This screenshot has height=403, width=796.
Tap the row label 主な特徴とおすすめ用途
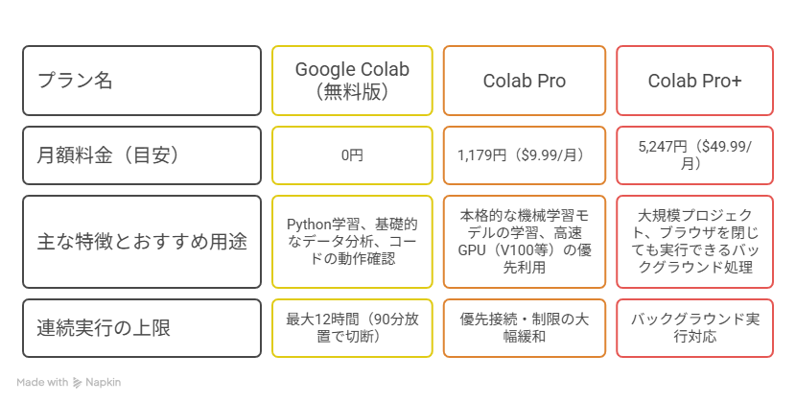click(142, 242)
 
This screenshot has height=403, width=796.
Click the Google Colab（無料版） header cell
click(352, 81)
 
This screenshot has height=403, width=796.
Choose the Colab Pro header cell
click(525, 81)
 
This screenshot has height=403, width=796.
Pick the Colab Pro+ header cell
click(695, 81)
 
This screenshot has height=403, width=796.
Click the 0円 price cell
click(352, 155)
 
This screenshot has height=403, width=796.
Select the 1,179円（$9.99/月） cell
click(525, 155)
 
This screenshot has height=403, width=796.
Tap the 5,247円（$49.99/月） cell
click(695, 155)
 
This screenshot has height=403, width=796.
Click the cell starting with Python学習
click(352, 242)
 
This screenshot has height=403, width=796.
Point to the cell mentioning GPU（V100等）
click(525, 242)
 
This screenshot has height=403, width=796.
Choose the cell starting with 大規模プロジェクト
click(695, 242)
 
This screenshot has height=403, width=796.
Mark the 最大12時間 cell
click(352, 328)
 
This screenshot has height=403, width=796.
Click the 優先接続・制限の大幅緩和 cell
click(525, 328)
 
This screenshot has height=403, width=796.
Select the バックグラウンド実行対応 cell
click(695, 328)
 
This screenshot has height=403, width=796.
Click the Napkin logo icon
click(77, 383)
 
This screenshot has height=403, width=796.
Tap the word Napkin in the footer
click(103, 382)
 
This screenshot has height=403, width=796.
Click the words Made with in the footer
click(42, 382)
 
